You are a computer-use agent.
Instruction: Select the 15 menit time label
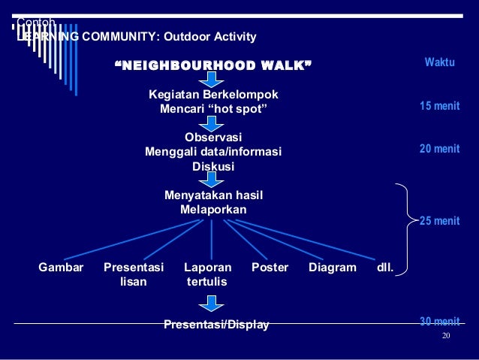[439, 106]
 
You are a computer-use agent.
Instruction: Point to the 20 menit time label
[439, 149]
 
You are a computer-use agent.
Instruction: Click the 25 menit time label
[439, 220]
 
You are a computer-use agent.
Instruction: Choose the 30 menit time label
[439, 322]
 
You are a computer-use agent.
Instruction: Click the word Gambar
[61, 267]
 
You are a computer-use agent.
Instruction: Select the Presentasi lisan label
[134, 274]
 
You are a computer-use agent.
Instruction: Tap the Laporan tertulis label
[208, 274]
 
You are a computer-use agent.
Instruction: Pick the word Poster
[270, 267]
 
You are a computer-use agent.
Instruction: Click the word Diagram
[333, 267]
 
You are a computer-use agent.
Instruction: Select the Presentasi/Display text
[216, 325]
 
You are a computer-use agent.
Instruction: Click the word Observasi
[213, 138]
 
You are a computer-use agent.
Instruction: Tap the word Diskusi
[213, 166]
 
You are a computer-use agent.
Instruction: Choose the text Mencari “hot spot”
[213, 109]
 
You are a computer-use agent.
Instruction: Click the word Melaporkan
[213, 210]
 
